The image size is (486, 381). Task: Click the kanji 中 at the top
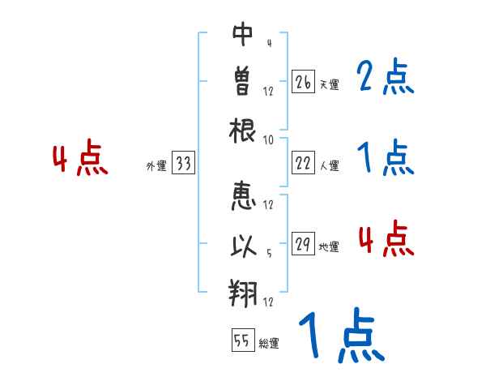(243, 33)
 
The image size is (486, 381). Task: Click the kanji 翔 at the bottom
(243, 289)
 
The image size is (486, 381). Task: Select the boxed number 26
(303, 82)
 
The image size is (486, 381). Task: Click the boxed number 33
(184, 164)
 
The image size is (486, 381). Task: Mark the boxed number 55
(241, 340)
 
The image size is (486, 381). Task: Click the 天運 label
(329, 84)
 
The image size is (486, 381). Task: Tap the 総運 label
(268, 344)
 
